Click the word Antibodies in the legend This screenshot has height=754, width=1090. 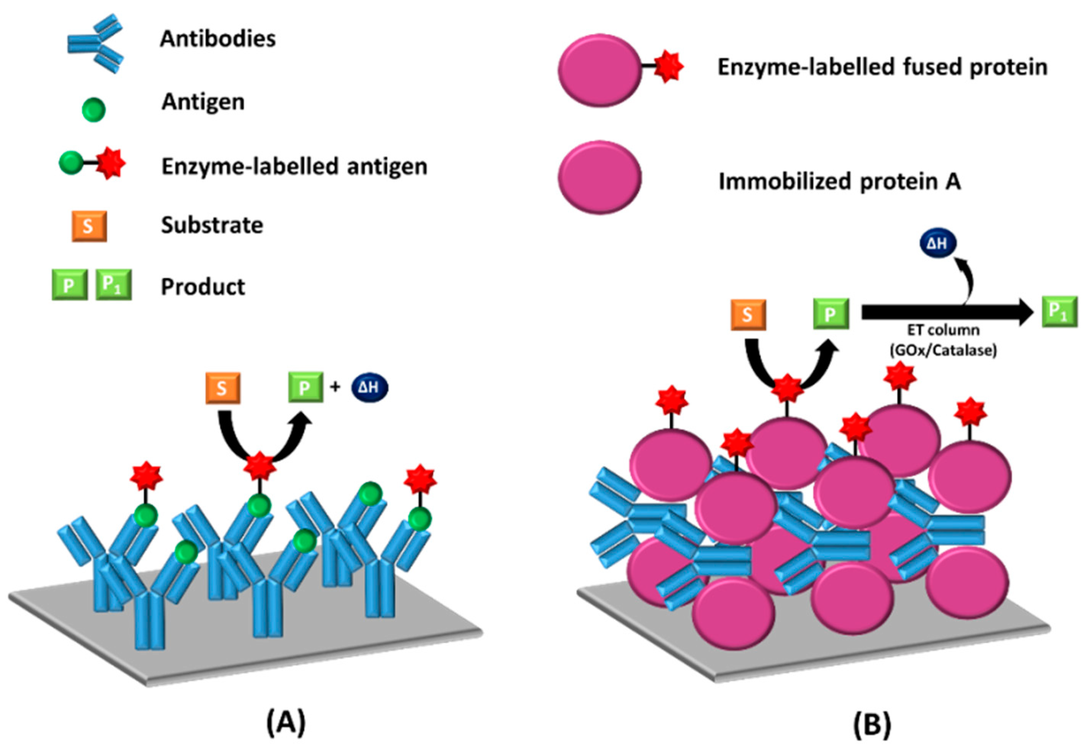[218, 39]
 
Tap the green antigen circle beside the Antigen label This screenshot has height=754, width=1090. [94, 109]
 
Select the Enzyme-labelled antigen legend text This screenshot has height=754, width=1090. [294, 166]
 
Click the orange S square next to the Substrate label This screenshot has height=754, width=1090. [89, 226]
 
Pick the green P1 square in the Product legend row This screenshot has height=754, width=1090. [113, 285]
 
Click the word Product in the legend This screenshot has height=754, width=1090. [203, 287]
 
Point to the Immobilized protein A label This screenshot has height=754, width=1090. [840, 182]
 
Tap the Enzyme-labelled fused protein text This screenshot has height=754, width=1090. [882, 67]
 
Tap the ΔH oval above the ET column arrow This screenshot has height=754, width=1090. [938, 243]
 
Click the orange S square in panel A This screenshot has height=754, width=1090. [223, 388]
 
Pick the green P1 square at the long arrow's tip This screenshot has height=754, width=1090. [1060, 311]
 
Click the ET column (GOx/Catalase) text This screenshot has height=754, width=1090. [943, 340]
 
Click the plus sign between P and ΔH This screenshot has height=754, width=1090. [335, 387]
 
